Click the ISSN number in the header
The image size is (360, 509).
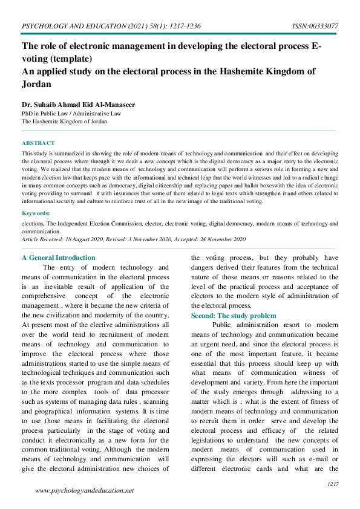coord(315,27)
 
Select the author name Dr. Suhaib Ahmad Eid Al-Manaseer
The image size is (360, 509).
coord(78,105)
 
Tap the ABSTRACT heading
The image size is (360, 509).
coord(38,143)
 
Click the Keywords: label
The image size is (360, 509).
coord(36,213)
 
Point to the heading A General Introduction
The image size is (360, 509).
coord(58,258)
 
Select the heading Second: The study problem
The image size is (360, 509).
coord(234,316)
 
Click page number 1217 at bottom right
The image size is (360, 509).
coord(332,484)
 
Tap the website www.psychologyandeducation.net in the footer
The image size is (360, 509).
coord(84,490)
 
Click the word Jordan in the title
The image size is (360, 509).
coord(36,84)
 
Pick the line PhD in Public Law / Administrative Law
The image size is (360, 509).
coord(71,113)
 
